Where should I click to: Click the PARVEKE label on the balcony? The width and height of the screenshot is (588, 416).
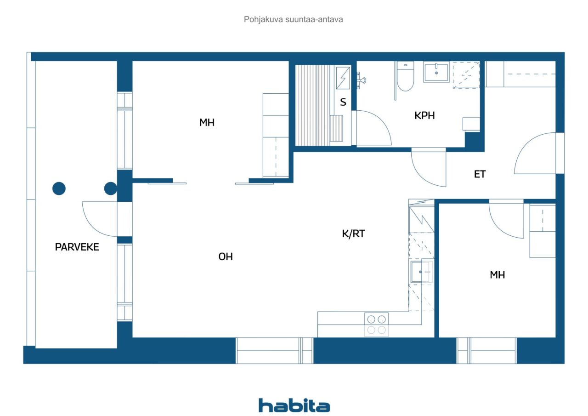77,247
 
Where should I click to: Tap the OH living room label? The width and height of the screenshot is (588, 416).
226,256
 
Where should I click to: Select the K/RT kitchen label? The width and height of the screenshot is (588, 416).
353,234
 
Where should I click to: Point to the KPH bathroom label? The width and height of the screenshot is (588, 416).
424,115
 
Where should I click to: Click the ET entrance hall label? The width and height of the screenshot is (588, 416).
480,174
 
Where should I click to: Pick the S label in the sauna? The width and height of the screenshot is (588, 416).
343,102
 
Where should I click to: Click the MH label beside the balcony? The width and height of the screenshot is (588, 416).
207,122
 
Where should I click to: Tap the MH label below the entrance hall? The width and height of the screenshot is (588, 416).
498,275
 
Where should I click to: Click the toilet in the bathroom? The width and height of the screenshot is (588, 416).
405,76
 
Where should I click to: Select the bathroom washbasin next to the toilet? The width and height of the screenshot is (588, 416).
436,72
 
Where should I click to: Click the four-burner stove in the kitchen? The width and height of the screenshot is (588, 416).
376,325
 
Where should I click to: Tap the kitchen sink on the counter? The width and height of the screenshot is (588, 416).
421,272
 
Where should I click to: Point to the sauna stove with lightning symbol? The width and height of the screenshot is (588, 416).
343,78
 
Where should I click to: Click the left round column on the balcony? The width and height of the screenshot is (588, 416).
59,188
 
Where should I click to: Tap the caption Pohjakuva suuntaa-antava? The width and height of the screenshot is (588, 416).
293,19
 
